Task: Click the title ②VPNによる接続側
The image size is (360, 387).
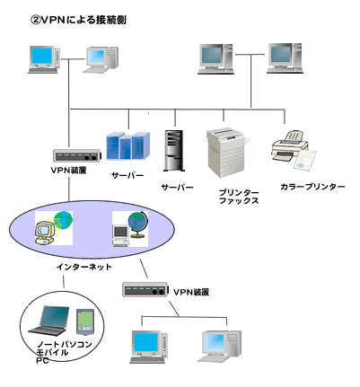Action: point(78,20)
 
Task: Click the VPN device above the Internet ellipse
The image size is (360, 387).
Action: point(76,155)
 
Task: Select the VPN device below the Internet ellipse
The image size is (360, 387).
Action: point(145,289)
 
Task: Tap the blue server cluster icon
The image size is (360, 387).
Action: point(128,145)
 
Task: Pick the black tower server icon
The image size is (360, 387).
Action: point(174,151)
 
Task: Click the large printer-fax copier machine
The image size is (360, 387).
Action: point(227,153)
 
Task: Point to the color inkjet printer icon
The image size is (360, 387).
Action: point(294,150)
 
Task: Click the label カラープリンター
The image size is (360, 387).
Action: point(312,187)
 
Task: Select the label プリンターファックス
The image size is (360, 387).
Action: point(239,197)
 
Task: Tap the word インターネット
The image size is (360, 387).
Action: point(84,267)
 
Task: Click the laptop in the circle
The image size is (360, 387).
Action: point(49,321)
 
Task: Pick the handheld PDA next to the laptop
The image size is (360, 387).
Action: point(85,321)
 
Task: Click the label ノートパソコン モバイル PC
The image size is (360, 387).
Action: point(64,352)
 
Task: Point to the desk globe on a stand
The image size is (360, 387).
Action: point(138,224)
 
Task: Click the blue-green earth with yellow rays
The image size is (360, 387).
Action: point(64,220)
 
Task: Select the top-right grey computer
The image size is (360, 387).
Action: point(285,58)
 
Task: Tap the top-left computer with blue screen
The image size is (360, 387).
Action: point(44,59)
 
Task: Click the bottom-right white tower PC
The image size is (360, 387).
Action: point(219,347)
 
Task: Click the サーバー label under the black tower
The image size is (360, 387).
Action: point(178,188)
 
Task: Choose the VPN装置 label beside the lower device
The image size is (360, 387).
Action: point(191,292)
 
